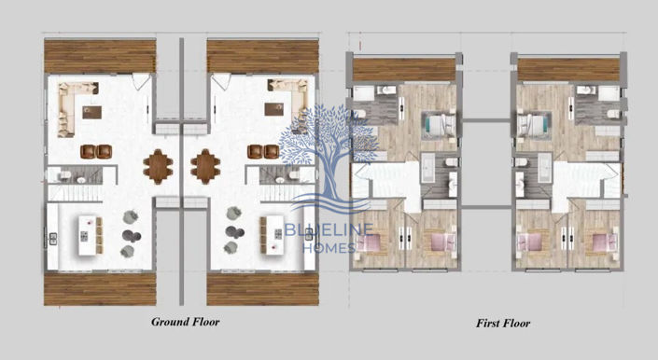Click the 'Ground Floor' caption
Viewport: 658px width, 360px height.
186,322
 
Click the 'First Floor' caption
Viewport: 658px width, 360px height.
502,324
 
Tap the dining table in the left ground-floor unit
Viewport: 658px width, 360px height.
158,165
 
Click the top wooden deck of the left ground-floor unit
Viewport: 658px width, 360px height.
99,56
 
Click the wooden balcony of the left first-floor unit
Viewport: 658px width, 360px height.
404,70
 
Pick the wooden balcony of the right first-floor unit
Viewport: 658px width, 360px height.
568,70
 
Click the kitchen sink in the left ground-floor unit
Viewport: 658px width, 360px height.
52,237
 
